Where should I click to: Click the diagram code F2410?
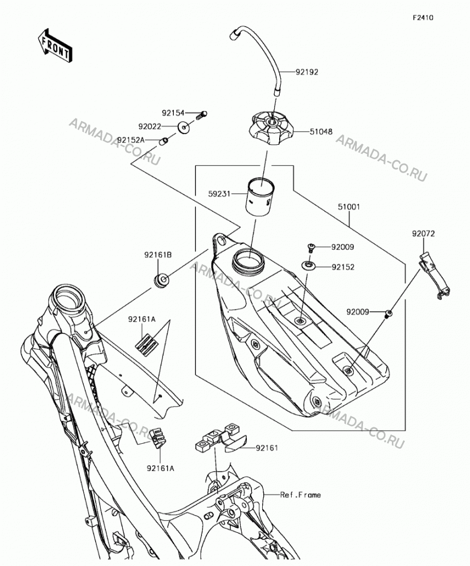[x=423, y=18]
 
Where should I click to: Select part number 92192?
[x=307, y=72]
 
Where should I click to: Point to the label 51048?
[x=321, y=132]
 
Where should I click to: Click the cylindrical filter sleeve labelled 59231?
[x=259, y=197]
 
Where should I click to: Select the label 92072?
[x=423, y=234]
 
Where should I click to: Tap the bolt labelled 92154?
[x=202, y=115]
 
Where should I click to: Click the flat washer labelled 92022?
[x=185, y=127]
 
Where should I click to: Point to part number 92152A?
[x=130, y=140]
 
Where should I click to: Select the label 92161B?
[x=158, y=255]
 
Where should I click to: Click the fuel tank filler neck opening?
[x=249, y=259]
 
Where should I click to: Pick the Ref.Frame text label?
[x=301, y=495]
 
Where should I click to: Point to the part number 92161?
[x=267, y=448]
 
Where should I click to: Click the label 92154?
[x=173, y=113]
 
